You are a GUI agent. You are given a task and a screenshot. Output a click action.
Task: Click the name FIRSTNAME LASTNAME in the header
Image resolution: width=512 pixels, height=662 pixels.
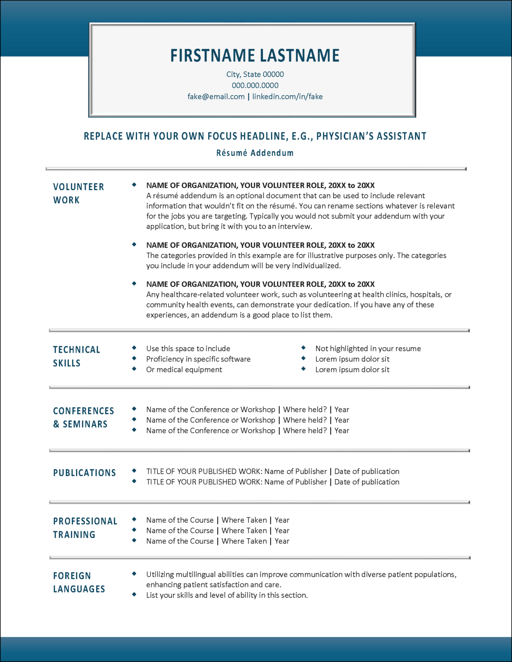pos(255,55)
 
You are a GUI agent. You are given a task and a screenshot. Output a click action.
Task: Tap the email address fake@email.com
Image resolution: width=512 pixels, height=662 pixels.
pos(216,96)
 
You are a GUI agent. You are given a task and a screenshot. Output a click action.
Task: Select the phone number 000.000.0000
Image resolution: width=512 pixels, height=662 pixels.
pos(255,85)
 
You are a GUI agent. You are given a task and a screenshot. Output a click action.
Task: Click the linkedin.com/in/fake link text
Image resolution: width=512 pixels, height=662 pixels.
pos(287,96)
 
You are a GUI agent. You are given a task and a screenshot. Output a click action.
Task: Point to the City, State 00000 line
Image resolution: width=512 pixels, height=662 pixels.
pos(255,74)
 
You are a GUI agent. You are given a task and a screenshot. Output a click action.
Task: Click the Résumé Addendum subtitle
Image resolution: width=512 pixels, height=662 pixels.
pos(255,153)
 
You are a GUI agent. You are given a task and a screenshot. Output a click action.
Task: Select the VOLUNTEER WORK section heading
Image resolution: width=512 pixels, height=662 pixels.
pos(78,193)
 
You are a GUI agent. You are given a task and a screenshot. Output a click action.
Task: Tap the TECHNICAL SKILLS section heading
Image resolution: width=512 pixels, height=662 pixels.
pos(76,356)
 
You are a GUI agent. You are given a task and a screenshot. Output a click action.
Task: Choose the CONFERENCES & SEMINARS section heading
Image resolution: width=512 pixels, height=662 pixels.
pos(83,417)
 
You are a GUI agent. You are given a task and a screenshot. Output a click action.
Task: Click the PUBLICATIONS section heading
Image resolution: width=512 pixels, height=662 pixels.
pos(84,473)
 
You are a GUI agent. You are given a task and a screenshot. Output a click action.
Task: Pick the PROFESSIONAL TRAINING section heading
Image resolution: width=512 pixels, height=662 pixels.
pos(85,528)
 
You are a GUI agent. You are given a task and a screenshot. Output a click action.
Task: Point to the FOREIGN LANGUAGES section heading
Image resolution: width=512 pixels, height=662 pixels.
pos(79,582)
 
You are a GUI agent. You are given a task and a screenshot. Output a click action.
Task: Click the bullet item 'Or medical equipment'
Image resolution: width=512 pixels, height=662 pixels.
pos(184,369)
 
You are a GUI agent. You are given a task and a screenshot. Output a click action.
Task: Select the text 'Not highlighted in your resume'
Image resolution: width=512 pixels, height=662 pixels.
pos(368,348)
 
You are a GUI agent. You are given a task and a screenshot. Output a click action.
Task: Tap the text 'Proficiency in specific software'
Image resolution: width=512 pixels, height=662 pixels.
pos(198,359)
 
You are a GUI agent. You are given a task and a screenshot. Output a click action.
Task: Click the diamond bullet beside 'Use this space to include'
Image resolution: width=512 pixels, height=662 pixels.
pos(134,348)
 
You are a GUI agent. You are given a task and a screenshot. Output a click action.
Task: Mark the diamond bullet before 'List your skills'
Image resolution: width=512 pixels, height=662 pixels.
pos(134,594)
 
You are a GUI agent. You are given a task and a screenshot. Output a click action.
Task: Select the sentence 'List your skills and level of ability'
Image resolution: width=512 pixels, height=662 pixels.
pos(227,595)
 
